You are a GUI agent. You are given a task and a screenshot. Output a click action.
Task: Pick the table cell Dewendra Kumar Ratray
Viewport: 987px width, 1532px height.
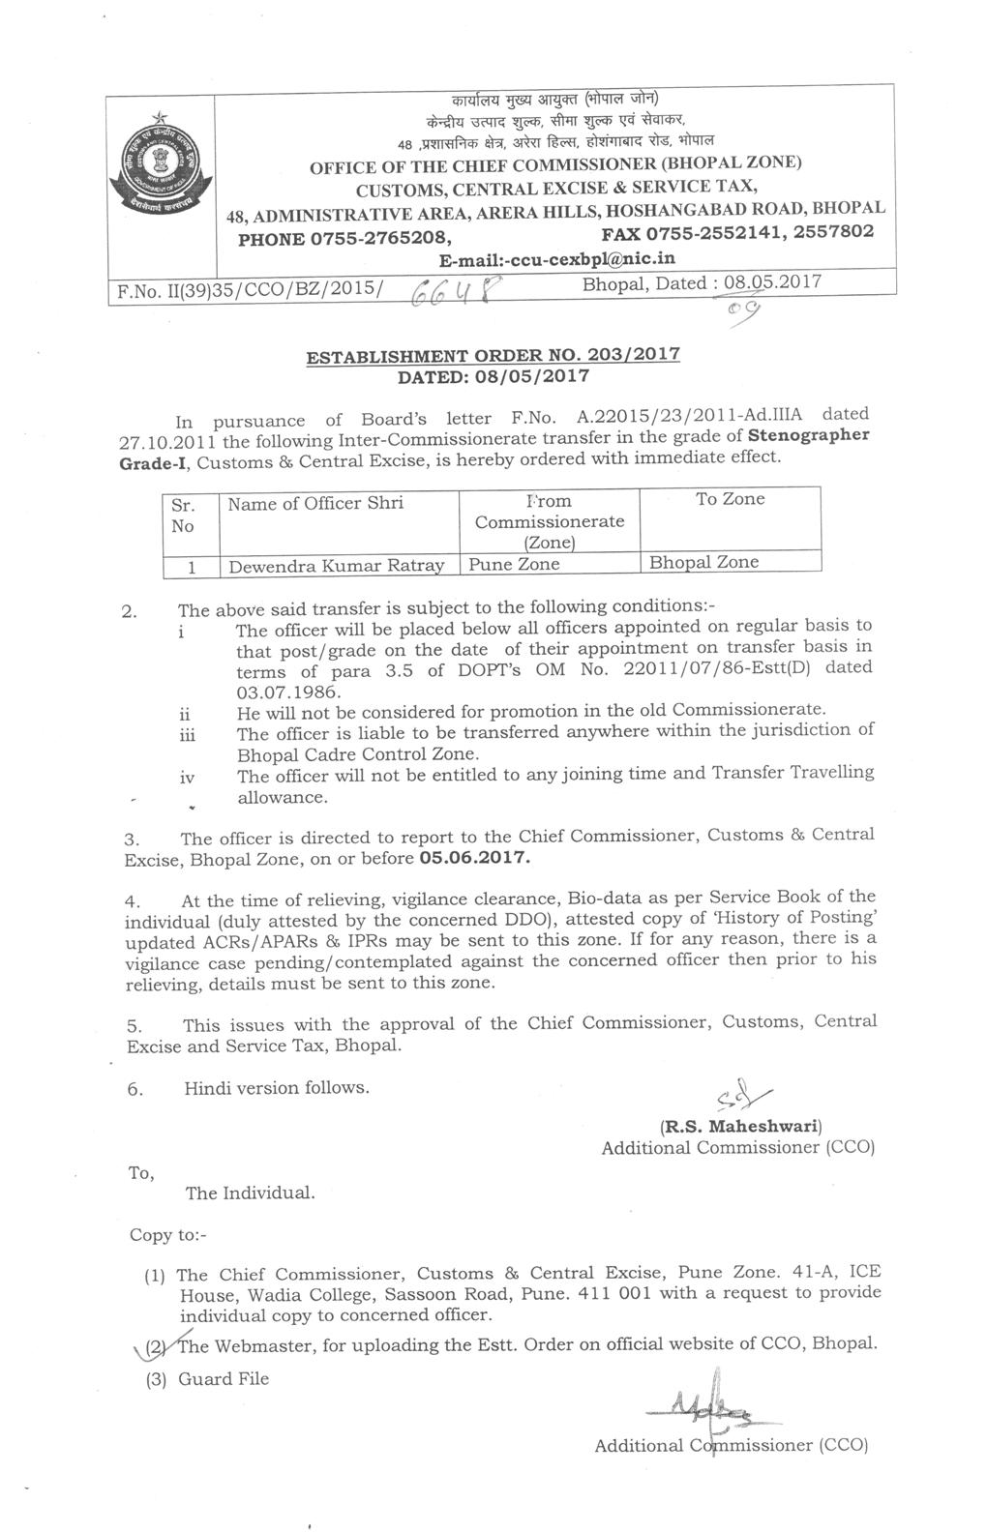pos(336,564)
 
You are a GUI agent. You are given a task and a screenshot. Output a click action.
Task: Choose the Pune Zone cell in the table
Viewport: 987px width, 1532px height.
pos(514,563)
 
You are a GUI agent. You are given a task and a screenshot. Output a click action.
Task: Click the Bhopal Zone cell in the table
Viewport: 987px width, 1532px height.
pos(703,562)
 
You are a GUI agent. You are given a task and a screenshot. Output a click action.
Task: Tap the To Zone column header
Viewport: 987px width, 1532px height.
pos(730,499)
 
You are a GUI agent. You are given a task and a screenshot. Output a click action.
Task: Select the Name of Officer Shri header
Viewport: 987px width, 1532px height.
pos(315,503)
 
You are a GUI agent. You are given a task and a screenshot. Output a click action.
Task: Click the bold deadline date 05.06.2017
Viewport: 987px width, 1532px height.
pos(476,858)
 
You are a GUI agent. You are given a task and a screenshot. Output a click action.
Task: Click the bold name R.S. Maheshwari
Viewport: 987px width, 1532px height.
pos(740,1127)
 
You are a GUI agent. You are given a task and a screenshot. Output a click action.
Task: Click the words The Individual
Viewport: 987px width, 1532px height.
pos(250,1193)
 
